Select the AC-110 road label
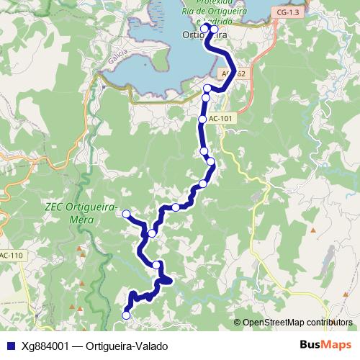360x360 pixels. (10, 255)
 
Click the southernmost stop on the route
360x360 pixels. (127, 315)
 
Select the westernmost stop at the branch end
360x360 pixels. (126, 214)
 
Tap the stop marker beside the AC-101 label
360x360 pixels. (203, 119)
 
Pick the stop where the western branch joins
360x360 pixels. (152, 233)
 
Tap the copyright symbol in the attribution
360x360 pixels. (237, 323)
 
